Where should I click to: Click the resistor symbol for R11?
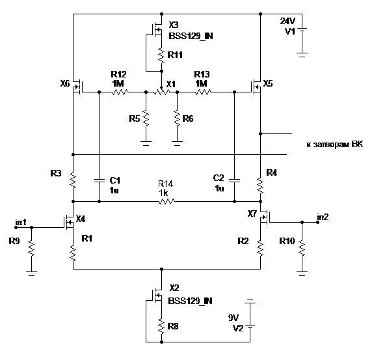161,55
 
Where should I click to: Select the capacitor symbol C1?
99,181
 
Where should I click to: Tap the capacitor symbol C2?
234,181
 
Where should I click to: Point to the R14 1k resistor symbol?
166,202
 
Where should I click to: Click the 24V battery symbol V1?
302,41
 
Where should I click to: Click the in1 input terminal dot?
16,227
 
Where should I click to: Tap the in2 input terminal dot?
317,222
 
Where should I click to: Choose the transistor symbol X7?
265,217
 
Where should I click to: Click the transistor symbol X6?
77,87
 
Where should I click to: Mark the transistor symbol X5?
256,87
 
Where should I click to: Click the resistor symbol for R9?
31,249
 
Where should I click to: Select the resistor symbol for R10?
302,248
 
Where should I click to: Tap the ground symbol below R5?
146,143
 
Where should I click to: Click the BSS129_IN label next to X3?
191,36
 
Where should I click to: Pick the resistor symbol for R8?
161,326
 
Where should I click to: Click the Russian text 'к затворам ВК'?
334,145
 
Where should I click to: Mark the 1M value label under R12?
118,83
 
